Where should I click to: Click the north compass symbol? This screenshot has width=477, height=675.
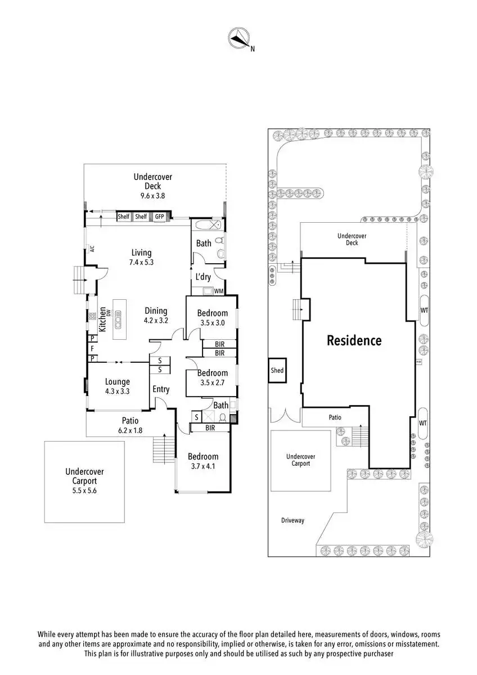click(239, 38)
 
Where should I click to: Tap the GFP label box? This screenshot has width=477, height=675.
click(160, 217)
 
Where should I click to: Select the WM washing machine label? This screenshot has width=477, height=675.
click(218, 291)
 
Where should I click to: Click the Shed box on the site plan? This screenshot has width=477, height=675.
click(277, 371)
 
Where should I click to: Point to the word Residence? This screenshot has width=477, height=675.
click(354, 340)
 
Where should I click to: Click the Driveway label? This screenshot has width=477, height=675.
click(292, 520)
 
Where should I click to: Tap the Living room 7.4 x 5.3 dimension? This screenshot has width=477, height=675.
click(142, 262)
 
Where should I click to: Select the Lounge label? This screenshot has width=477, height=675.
click(117, 382)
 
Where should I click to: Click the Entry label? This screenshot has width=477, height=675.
click(161, 389)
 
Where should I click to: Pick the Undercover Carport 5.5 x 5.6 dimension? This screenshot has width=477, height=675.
click(84, 490)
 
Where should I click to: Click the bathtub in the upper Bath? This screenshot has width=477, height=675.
click(204, 227)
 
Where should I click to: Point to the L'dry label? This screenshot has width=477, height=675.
click(203, 277)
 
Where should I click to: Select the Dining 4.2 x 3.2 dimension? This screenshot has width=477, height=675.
click(156, 320)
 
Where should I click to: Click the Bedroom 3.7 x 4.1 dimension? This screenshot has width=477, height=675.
click(202, 466)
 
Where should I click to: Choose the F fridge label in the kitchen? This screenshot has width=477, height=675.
click(92, 348)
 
